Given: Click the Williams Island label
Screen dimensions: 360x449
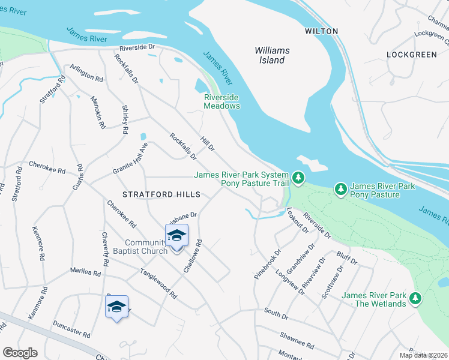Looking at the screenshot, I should pyautogui.click(x=272, y=55).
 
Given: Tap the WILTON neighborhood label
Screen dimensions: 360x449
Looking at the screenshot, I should pyautogui.click(x=321, y=31).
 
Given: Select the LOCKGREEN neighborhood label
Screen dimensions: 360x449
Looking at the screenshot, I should pyautogui.click(x=412, y=55).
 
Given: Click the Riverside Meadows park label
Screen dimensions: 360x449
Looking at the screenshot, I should pyautogui.click(x=221, y=101).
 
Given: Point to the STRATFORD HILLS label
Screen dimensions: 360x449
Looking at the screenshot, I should pyautogui.click(x=161, y=194).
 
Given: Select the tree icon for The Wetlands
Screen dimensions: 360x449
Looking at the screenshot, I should pyautogui.click(x=415, y=298).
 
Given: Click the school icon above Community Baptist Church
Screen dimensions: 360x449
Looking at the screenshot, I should pyautogui.click(x=176, y=236).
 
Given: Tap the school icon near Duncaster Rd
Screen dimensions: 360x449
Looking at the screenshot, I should pyautogui.click(x=116, y=307).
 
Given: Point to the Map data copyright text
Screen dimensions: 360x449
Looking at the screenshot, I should pyautogui.click(x=424, y=355).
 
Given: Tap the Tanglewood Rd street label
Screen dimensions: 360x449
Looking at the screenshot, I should pyautogui.click(x=158, y=283).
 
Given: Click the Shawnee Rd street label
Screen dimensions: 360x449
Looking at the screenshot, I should pyautogui.click(x=297, y=343).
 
